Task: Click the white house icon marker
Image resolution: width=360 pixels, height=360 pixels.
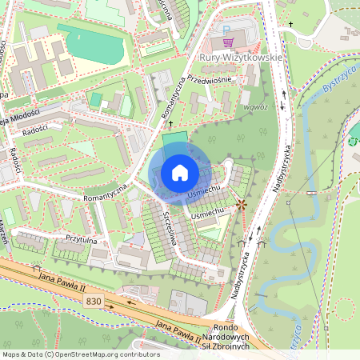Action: point(180,172)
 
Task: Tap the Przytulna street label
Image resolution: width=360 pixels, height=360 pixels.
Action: point(82,238)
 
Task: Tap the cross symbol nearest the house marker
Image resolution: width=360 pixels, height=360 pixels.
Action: point(170,126)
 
